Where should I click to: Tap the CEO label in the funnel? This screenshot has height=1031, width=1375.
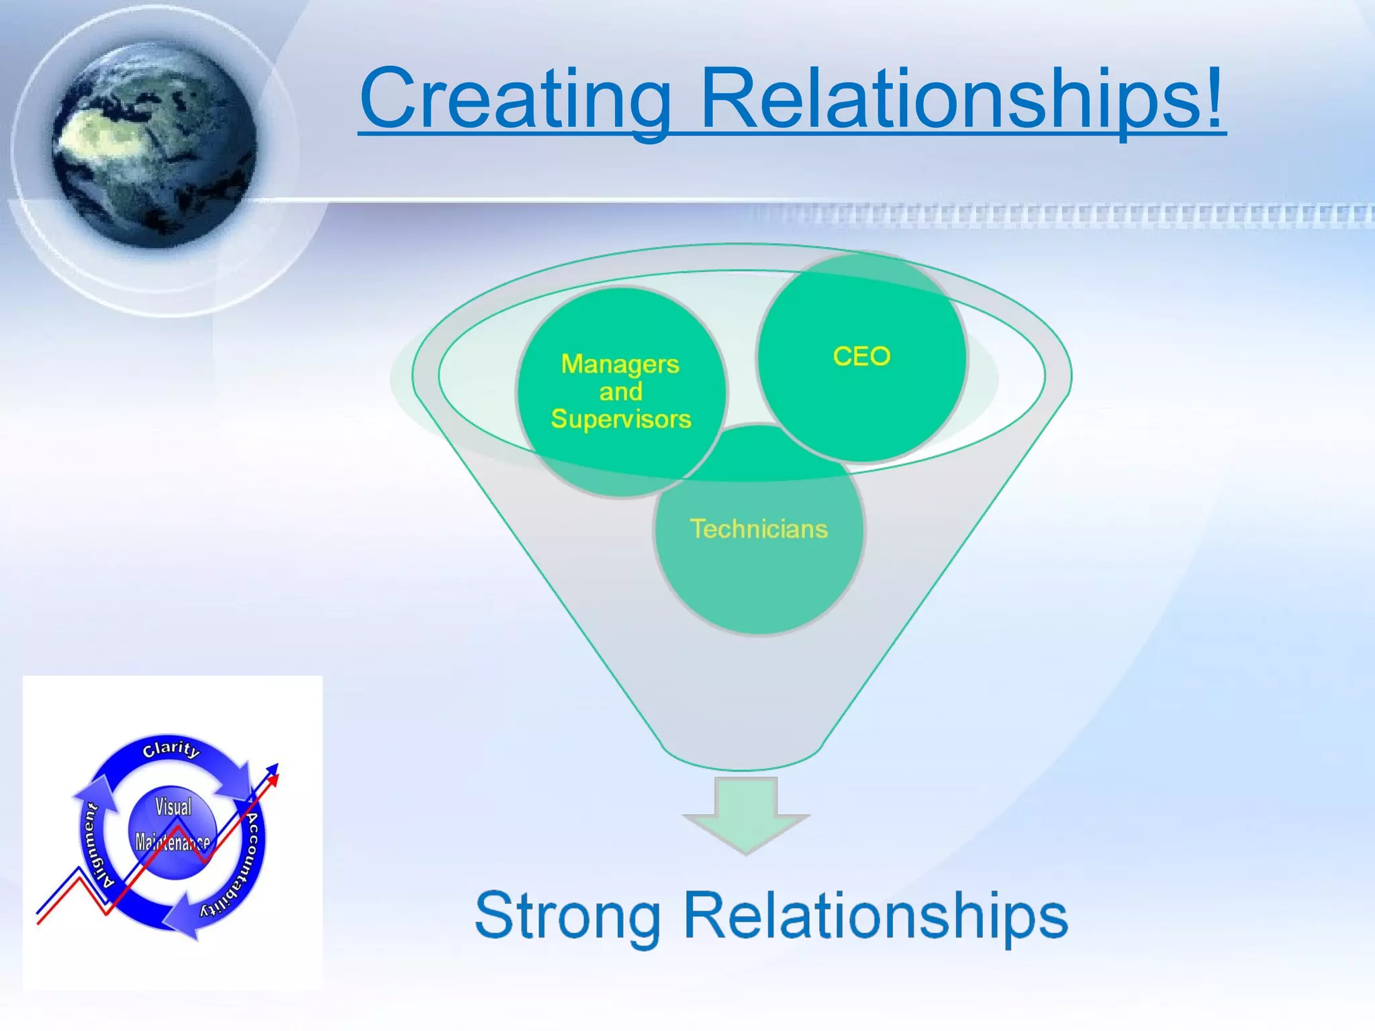861,356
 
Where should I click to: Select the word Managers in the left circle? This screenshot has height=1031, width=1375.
620,364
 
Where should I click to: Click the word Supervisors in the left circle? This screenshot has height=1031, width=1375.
621,419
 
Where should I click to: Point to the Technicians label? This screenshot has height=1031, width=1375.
759,529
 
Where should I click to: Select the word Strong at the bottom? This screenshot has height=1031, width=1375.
567,916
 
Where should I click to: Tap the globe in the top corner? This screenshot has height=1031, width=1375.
154,144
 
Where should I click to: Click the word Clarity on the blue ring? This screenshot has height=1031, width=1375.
171,749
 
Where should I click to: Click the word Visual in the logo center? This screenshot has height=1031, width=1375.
173,806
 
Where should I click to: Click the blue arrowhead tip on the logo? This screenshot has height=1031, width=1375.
274,767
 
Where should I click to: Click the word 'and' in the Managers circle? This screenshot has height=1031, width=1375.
621,391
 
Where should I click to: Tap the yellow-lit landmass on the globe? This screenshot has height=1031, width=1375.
94,134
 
